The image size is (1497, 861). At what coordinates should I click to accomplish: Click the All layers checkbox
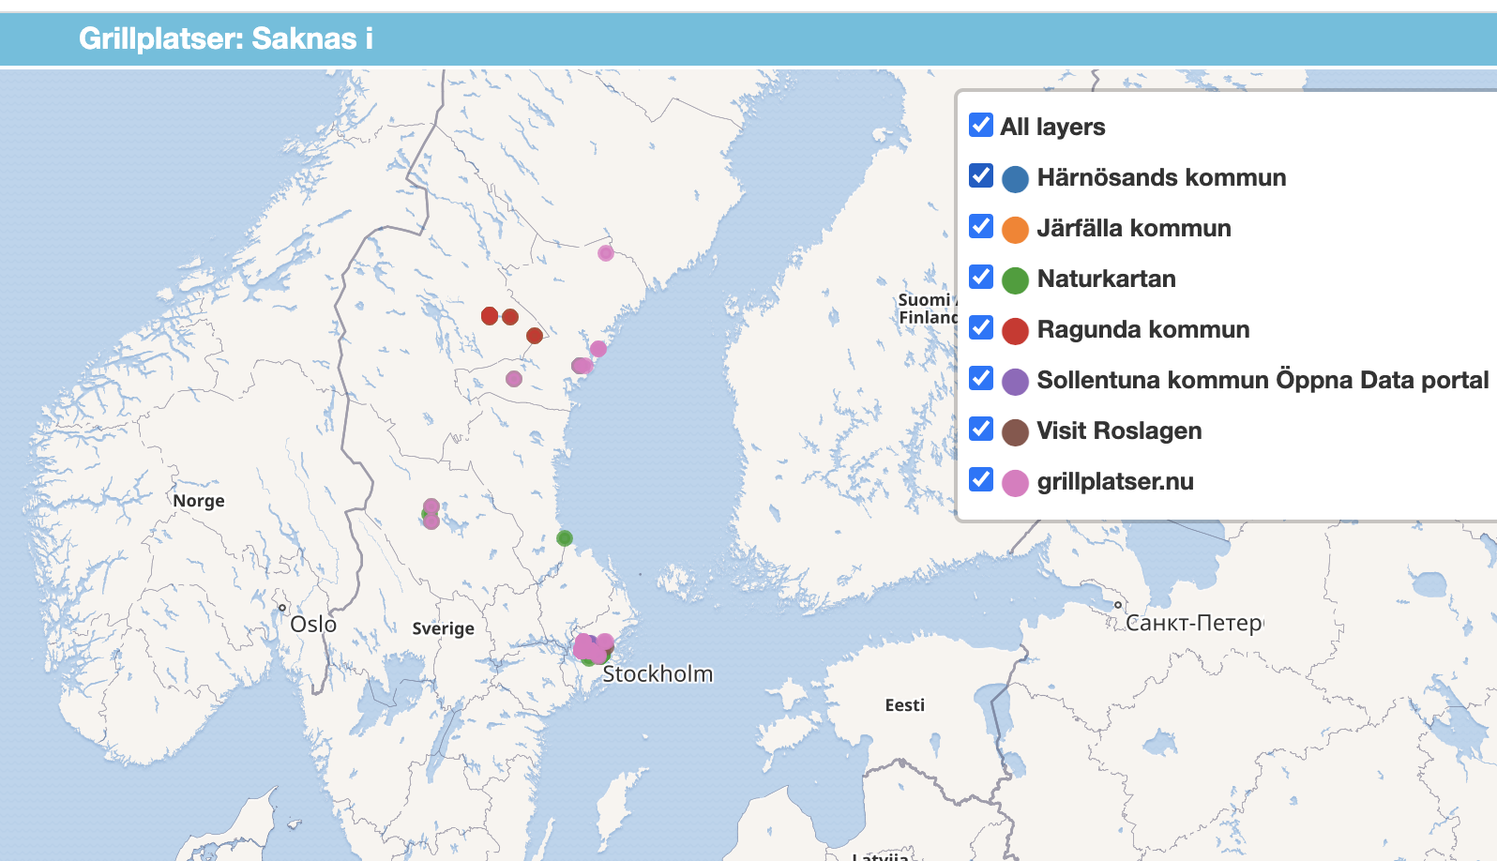[x=981, y=125]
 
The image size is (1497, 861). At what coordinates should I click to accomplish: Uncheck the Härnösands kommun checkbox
[x=981, y=175]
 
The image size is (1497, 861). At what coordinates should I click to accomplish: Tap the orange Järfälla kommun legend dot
[x=1015, y=230]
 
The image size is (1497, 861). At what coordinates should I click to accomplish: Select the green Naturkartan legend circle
[x=1015, y=280]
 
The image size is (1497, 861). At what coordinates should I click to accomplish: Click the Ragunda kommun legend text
[x=1142, y=329]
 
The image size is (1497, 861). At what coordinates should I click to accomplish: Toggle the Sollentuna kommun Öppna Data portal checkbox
[x=981, y=378]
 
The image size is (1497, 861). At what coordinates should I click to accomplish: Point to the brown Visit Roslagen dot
[x=1015, y=432]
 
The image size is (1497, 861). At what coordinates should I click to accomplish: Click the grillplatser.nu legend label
[x=1114, y=481]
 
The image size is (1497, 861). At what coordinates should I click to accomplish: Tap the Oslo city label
[x=313, y=624]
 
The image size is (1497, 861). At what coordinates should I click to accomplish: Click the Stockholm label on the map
[x=658, y=673]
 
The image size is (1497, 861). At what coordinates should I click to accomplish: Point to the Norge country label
[x=199, y=501]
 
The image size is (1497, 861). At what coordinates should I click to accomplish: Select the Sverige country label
[x=443, y=628]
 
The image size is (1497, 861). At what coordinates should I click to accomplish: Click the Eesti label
[x=904, y=705]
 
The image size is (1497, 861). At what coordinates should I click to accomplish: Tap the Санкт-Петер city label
[x=1193, y=623]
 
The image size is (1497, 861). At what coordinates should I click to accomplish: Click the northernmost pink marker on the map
[x=606, y=252]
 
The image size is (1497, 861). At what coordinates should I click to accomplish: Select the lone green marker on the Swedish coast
[x=565, y=538]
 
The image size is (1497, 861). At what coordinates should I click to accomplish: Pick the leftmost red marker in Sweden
[x=490, y=316]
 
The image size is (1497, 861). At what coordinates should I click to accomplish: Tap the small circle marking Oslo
[x=282, y=608]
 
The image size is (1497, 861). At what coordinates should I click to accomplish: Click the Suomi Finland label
[x=925, y=308]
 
